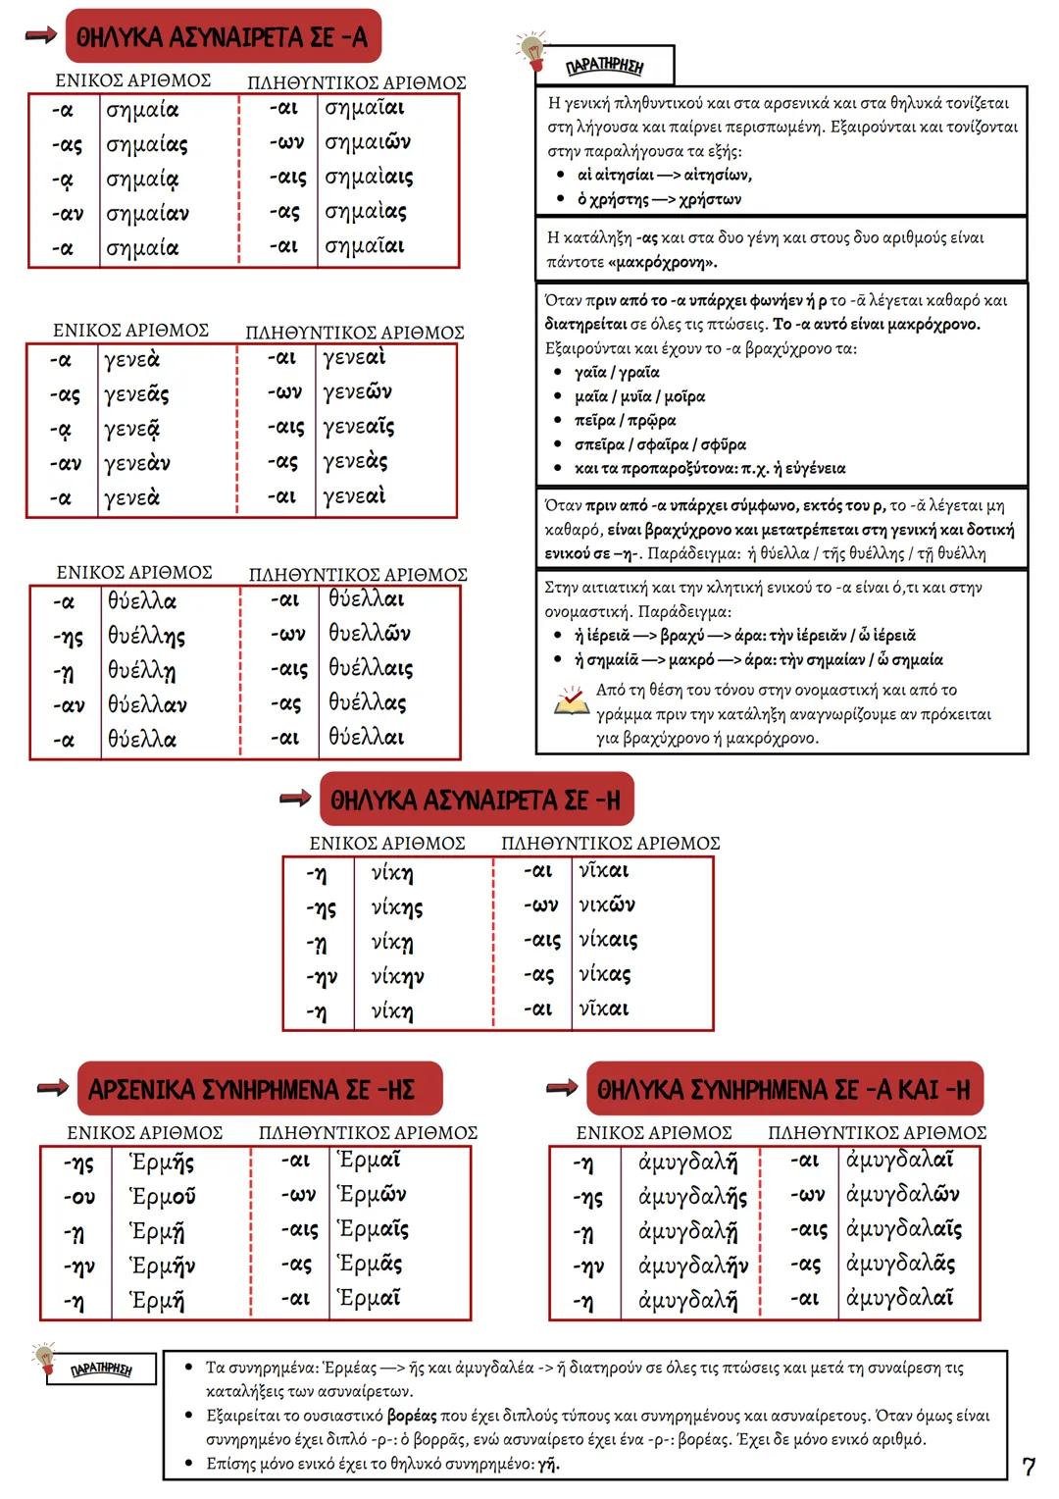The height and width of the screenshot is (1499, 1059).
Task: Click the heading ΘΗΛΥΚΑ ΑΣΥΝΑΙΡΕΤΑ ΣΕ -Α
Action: [222, 37]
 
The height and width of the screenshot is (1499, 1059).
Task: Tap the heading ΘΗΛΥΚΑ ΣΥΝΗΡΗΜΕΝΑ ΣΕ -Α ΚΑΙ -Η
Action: [783, 1090]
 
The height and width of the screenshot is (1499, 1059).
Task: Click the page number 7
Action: [1029, 1467]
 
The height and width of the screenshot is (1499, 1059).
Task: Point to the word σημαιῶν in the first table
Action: [368, 143]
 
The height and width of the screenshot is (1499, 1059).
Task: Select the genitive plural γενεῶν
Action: [358, 392]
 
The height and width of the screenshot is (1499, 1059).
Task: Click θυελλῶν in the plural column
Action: [370, 634]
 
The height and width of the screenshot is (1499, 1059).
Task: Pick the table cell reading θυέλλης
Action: [146, 637]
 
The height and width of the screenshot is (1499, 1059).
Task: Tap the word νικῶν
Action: [607, 905]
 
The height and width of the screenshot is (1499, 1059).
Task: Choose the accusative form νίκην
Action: [398, 977]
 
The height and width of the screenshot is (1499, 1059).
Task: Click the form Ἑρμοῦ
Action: [163, 1197]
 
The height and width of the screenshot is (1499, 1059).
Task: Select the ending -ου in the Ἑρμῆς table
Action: [79, 1197]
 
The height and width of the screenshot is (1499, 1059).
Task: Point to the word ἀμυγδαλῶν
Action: [902, 1195]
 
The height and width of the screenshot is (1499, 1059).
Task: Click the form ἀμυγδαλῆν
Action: [692, 1266]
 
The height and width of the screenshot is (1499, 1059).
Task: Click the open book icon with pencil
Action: [570, 700]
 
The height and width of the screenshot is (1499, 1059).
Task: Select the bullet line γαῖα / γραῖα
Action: [617, 373]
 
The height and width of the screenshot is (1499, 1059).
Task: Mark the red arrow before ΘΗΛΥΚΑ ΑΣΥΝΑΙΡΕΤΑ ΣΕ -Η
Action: [295, 799]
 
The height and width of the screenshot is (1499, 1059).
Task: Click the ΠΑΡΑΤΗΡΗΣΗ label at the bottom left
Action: [101, 1370]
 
